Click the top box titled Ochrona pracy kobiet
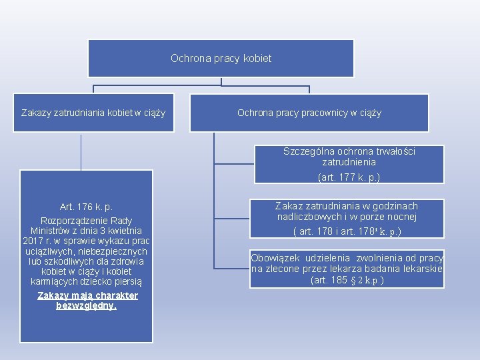click(221, 59)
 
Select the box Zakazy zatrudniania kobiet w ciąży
click(93, 113)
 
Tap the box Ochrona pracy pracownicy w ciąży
click(309, 113)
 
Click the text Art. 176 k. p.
click(87, 207)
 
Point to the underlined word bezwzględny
click(86, 306)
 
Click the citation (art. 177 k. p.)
click(349, 177)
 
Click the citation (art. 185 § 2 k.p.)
click(347, 280)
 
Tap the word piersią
click(128, 281)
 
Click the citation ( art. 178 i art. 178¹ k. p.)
click(347, 231)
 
